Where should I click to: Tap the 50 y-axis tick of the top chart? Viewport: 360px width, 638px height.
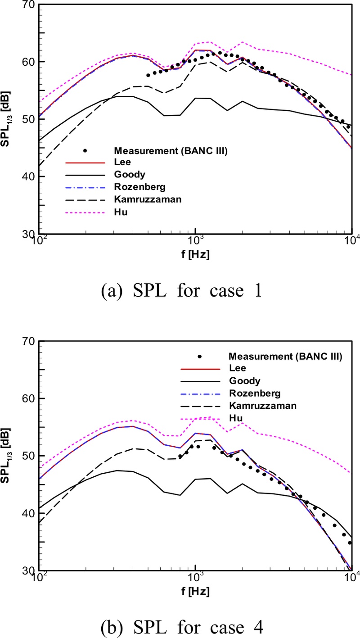pos(29,119)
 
